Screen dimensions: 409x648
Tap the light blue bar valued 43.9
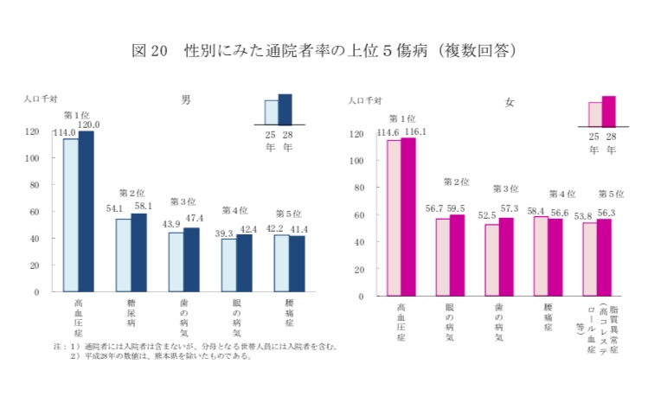pyautogui.click(x=176, y=262)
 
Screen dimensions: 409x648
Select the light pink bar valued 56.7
pyautogui.click(x=443, y=256)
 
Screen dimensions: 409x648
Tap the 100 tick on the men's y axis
pyautogui.click(x=32, y=158)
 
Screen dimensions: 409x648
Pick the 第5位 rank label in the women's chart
pyautogui.click(x=611, y=195)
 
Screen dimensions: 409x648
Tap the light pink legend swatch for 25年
pyautogui.click(x=594, y=114)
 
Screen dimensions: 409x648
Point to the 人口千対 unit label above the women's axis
pyautogui.click(x=365, y=102)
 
